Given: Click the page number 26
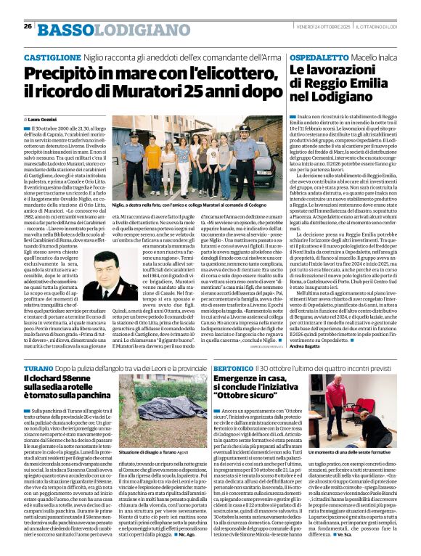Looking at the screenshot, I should pos(28,27).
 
